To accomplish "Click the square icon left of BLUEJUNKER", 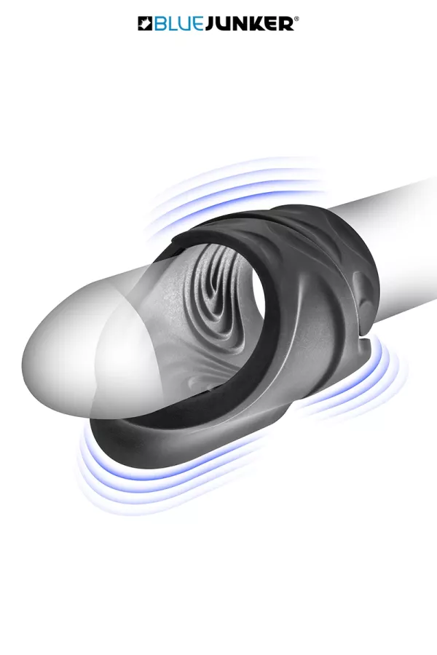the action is tap(145, 23).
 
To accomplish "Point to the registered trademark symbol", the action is tap(297, 19).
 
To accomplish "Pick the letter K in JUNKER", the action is tap(261, 24).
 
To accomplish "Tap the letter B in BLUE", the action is tap(160, 24).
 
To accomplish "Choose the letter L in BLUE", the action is tap(171, 24).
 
